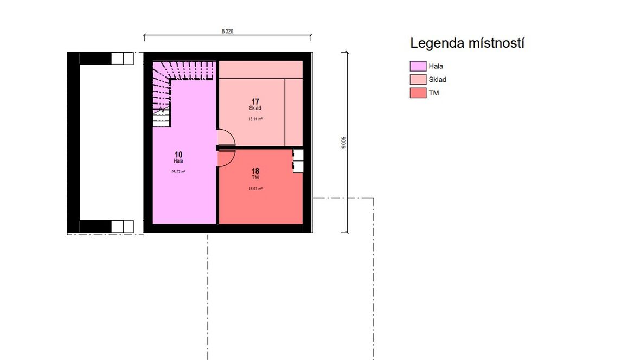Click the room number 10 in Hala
click(x=178, y=155)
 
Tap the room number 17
click(x=255, y=101)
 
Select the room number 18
click(x=255, y=171)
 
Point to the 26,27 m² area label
click(x=178, y=172)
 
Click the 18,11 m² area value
click(x=255, y=119)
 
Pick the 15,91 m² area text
click(x=255, y=189)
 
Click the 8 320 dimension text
click(x=227, y=31)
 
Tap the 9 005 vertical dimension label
click(x=344, y=142)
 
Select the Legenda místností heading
click(x=467, y=43)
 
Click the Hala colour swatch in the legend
click(x=418, y=66)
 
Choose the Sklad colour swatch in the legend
click(x=418, y=79)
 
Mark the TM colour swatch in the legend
click(x=418, y=93)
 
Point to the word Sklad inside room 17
click(x=255, y=108)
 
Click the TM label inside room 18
click(x=255, y=177)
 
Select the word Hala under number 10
click(x=178, y=161)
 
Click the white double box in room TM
click(x=298, y=161)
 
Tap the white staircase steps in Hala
click(x=161, y=119)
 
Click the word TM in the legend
click(x=434, y=93)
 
